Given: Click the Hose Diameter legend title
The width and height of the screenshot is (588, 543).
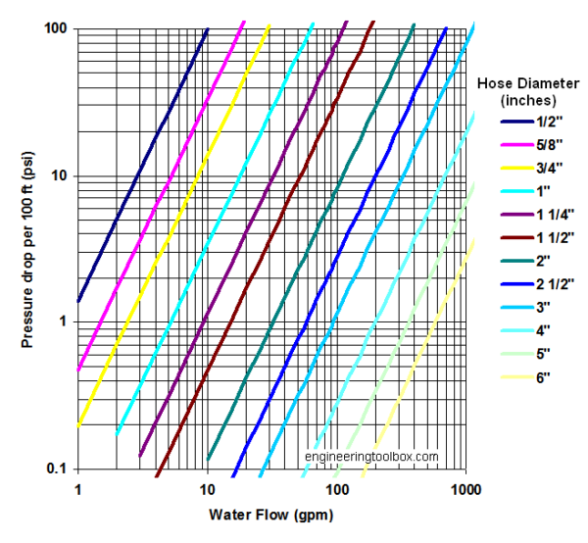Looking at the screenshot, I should (528, 91).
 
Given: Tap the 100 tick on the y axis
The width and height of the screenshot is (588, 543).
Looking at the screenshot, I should (54, 29).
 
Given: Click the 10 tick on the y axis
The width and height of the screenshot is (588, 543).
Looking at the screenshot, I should (58, 175).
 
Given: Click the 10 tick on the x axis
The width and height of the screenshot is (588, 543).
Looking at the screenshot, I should (207, 487).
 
